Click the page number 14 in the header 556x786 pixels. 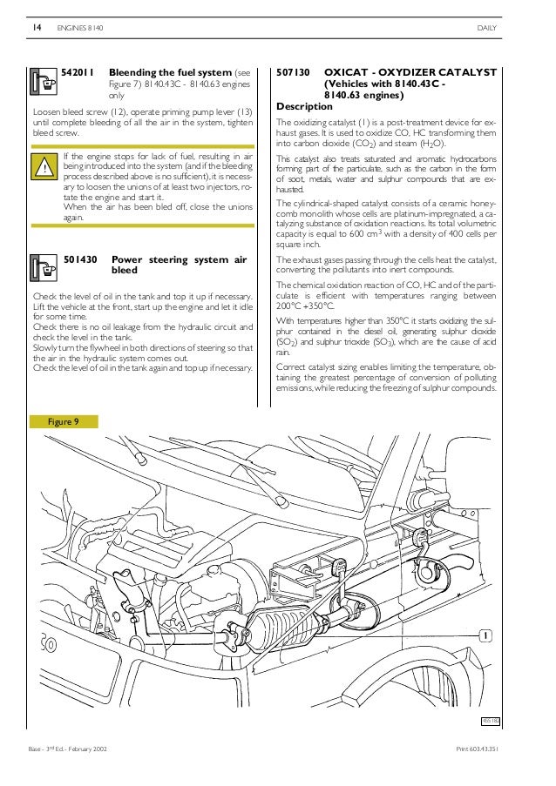(37, 29)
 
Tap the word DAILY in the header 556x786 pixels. (486, 29)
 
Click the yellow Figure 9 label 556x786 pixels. (64, 421)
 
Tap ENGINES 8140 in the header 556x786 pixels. (81, 29)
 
